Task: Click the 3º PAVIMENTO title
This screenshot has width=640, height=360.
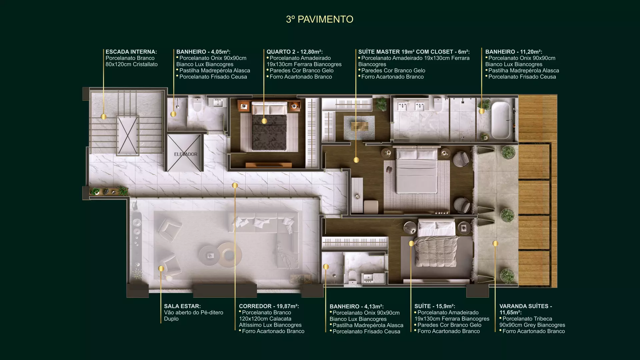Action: [x=319, y=19]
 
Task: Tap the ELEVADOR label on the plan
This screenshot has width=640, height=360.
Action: [x=186, y=154]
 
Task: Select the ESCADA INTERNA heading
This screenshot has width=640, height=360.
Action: [x=131, y=52]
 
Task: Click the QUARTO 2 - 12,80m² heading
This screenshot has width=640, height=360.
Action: [x=294, y=52]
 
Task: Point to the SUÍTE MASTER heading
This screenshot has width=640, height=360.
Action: [x=414, y=52]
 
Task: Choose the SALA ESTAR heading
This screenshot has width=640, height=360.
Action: [x=182, y=306]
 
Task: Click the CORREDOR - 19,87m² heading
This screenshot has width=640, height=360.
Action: [x=269, y=306]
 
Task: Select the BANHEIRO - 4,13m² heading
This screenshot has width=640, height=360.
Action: [x=357, y=306]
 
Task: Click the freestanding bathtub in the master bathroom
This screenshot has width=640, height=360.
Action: [x=501, y=120]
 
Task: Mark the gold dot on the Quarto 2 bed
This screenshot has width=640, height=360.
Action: [x=264, y=121]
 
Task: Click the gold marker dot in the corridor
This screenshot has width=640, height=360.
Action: [x=235, y=185]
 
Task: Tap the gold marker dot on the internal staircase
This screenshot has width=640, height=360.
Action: [x=104, y=117]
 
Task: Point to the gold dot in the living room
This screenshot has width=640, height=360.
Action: [x=161, y=268]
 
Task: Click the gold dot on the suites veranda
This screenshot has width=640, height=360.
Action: [x=495, y=244]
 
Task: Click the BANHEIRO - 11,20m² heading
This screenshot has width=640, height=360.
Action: [x=514, y=52]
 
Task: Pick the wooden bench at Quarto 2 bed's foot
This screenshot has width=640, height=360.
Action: [x=269, y=165]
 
